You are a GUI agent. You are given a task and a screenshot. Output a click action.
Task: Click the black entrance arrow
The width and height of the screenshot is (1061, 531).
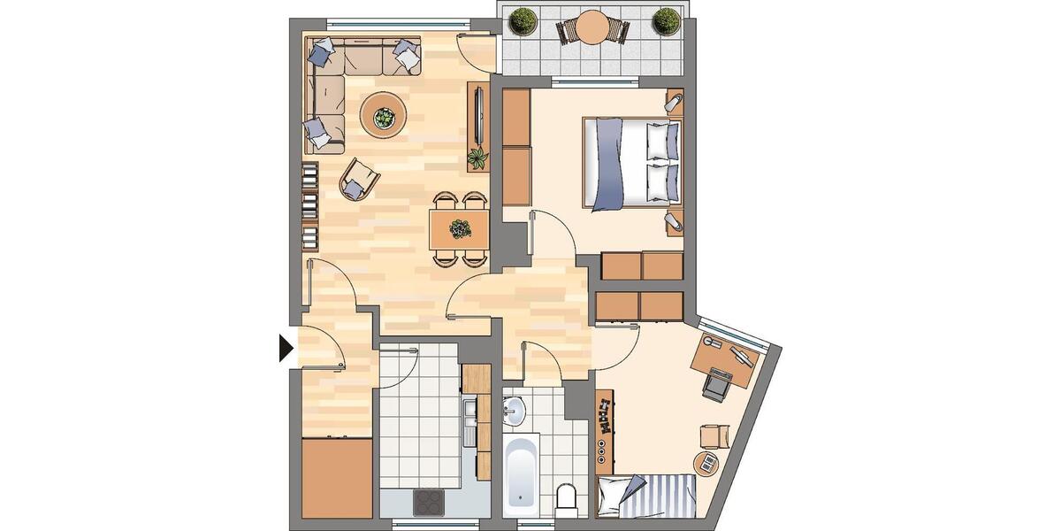286,347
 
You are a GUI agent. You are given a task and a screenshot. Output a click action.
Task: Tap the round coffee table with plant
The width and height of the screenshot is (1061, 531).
384,115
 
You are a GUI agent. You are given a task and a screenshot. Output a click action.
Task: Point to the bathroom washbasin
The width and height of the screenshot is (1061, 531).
514,410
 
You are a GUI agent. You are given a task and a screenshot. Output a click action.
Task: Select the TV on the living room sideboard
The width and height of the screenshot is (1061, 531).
477,115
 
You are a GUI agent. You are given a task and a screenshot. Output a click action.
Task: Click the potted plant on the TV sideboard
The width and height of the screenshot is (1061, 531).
477,159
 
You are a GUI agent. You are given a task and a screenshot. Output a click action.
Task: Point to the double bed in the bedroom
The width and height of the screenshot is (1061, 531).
631,163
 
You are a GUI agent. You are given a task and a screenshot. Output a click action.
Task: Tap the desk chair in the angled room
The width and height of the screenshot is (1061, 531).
716,387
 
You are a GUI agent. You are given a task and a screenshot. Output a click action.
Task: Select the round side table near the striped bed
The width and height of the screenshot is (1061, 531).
706,462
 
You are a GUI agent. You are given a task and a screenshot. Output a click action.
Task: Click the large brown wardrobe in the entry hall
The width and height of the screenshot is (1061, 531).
336,478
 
